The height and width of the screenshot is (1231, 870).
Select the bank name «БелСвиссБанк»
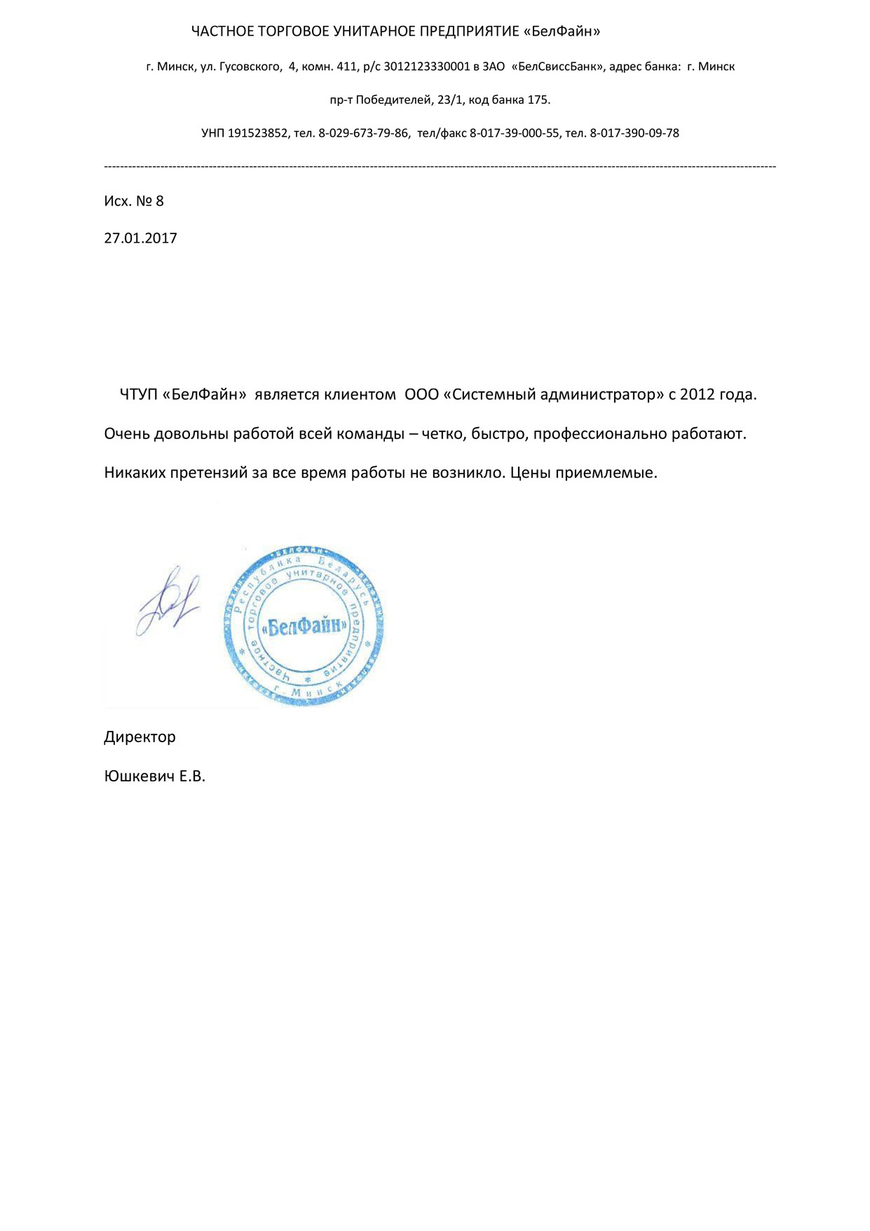pyautogui.click(x=559, y=67)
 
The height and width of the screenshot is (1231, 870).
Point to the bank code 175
pyautogui.click(x=538, y=100)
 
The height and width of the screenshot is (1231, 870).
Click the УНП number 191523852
pyautogui.click(x=258, y=133)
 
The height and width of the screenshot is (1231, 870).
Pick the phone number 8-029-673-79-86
pyautogui.click(x=364, y=133)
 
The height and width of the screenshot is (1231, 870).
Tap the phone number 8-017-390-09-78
pyautogui.click(x=634, y=133)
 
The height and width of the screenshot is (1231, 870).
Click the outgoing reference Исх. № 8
pyautogui.click(x=134, y=201)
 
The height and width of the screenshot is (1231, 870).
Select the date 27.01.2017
pyautogui.click(x=141, y=238)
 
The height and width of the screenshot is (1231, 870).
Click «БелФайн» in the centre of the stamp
pyautogui.click(x=304, y=626)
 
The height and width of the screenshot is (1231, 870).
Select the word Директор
pyautogui.click(x=140, y=737)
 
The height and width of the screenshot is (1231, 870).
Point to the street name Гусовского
pyautogui.click(x=250, y=67)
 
